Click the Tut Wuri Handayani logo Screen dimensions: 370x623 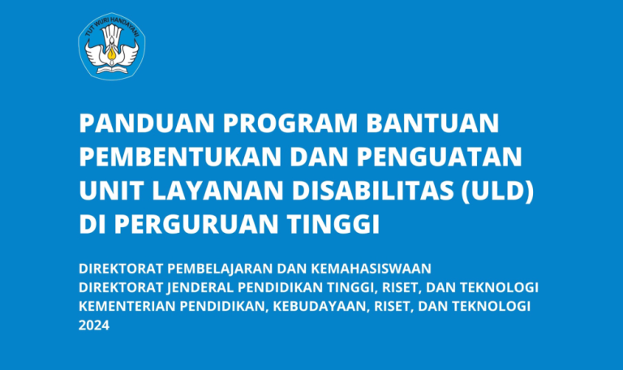(114, 46)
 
